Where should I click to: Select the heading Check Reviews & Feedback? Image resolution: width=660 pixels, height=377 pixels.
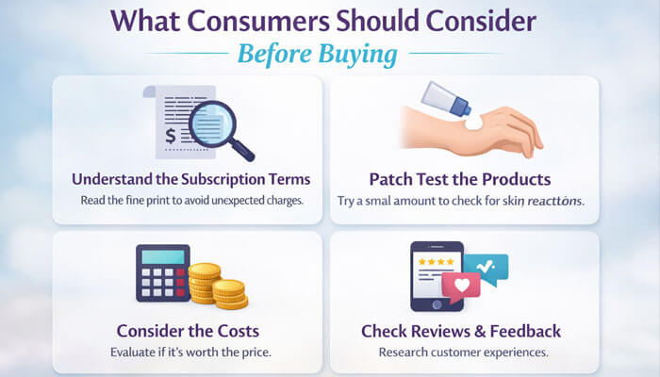coord(461,331)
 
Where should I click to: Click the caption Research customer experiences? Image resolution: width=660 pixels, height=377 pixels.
coord(461,352)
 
